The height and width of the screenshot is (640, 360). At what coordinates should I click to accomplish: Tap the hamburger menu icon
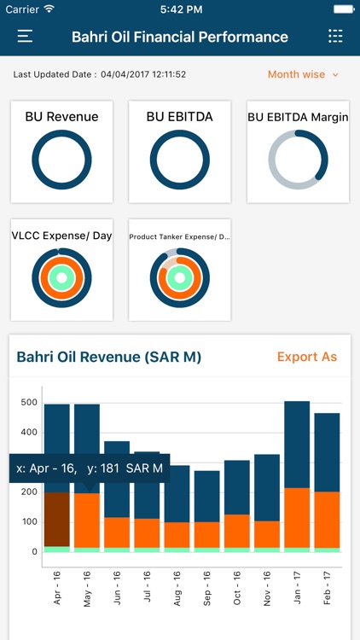pos(25,37)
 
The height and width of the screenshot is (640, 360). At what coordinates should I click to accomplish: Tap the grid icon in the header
pos(335,37)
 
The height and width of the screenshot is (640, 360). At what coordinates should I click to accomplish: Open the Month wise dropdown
pos(303,74)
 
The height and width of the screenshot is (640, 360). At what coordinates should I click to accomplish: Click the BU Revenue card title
pos(62,116)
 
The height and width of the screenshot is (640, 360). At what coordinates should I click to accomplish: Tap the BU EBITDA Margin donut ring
pos(298,160)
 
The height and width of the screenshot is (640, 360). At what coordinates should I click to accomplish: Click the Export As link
pos(307,357)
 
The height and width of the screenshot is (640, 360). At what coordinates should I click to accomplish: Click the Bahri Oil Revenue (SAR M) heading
pos(109,357)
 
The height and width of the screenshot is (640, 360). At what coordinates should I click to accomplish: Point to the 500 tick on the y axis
pos(29,402)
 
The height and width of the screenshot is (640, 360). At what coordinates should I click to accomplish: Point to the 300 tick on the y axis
pos(29,462)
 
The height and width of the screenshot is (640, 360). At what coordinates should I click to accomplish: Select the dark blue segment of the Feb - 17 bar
pos(327,452)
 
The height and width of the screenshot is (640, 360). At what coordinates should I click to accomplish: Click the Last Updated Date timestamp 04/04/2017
pos(143,74)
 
